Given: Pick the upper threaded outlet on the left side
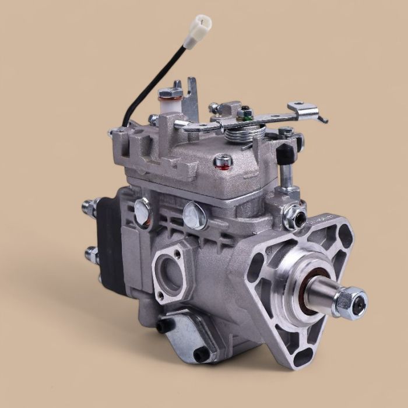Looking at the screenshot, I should point(91,207).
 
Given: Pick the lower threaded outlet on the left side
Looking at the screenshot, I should point(92,254).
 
